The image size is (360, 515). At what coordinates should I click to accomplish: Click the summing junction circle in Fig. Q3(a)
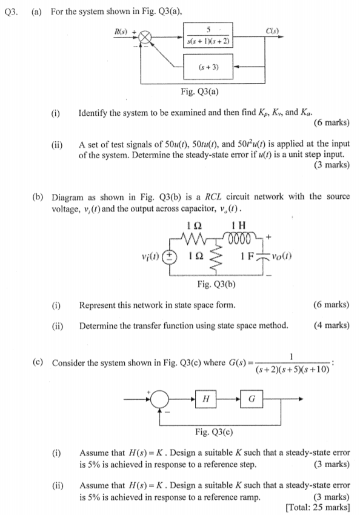point(147,38)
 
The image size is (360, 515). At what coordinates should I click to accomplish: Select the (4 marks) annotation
point(331,325)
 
